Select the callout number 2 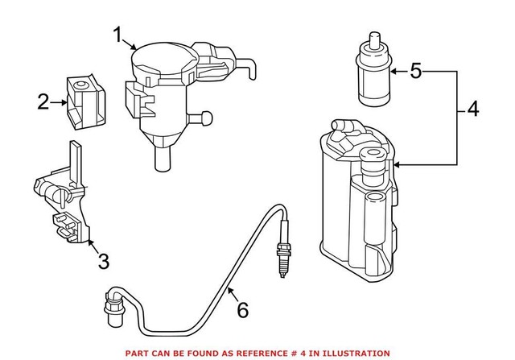click(43, 101)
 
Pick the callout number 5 click(415, 72)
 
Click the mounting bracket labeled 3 click(64, 197)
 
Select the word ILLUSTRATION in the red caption click(360, 353)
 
